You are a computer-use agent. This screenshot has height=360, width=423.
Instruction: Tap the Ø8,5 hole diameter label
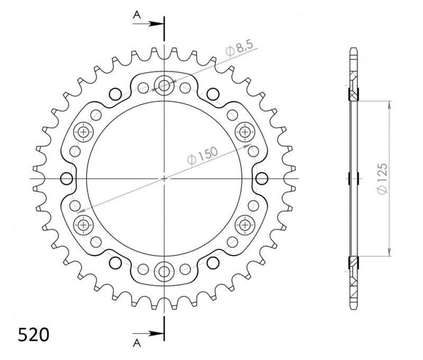point(238,50)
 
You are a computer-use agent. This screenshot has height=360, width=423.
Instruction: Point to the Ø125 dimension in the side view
point(391,177)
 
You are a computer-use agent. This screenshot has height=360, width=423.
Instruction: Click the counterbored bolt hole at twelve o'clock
point(164,86)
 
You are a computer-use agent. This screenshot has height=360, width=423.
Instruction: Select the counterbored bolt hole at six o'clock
point(164,271)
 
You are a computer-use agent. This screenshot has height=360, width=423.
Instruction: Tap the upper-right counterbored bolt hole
point(244,132)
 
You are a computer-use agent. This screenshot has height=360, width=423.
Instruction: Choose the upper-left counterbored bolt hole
point(84,132)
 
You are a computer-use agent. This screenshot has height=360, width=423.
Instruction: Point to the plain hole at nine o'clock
point(68,179)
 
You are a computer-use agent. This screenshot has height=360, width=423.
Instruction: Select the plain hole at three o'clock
point(261,179)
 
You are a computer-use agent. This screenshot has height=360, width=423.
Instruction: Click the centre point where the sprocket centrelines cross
point(164,179)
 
